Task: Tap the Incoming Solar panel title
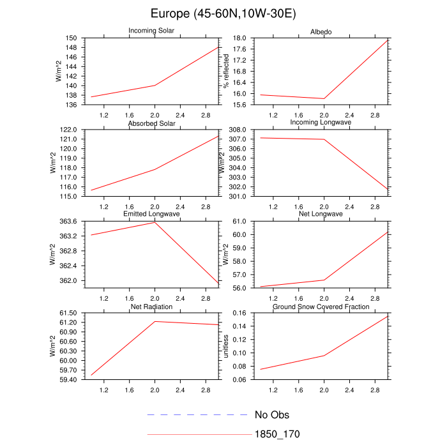pyautogui.click(x=154, y=31)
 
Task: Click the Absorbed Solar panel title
pyautogui.click(x=154, y=123)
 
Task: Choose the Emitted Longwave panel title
pyautogui.click(x=154, y=214)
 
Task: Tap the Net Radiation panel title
pyautogui.click(x=154, y=307)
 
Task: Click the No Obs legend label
pyautogui.click(x=272, y=415)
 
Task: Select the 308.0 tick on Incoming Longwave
pyautogui.click(x=238, y=130)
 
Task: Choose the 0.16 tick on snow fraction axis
pyautogui.click(x=239, y=313)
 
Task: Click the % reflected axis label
pyautogui.click(x=225, y=70)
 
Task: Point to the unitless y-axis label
pyautogui.click(x=225, y=347)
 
